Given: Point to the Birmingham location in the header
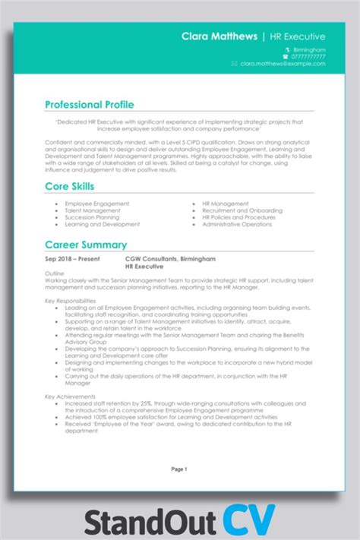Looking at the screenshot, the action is tap(310, 50).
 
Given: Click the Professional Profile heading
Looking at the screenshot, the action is tap(90, 105).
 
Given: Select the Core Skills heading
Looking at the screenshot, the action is tap(69, 186).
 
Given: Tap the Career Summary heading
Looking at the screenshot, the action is tap(86, 245).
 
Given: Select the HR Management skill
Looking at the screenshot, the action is tap(225, 204).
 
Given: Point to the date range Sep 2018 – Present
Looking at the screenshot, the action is tap(72, 259).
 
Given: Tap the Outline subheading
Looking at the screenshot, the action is tap(55, 273).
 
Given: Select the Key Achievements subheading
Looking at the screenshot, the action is tap(69, 396).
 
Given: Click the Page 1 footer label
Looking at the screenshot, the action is tap(179, 469).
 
